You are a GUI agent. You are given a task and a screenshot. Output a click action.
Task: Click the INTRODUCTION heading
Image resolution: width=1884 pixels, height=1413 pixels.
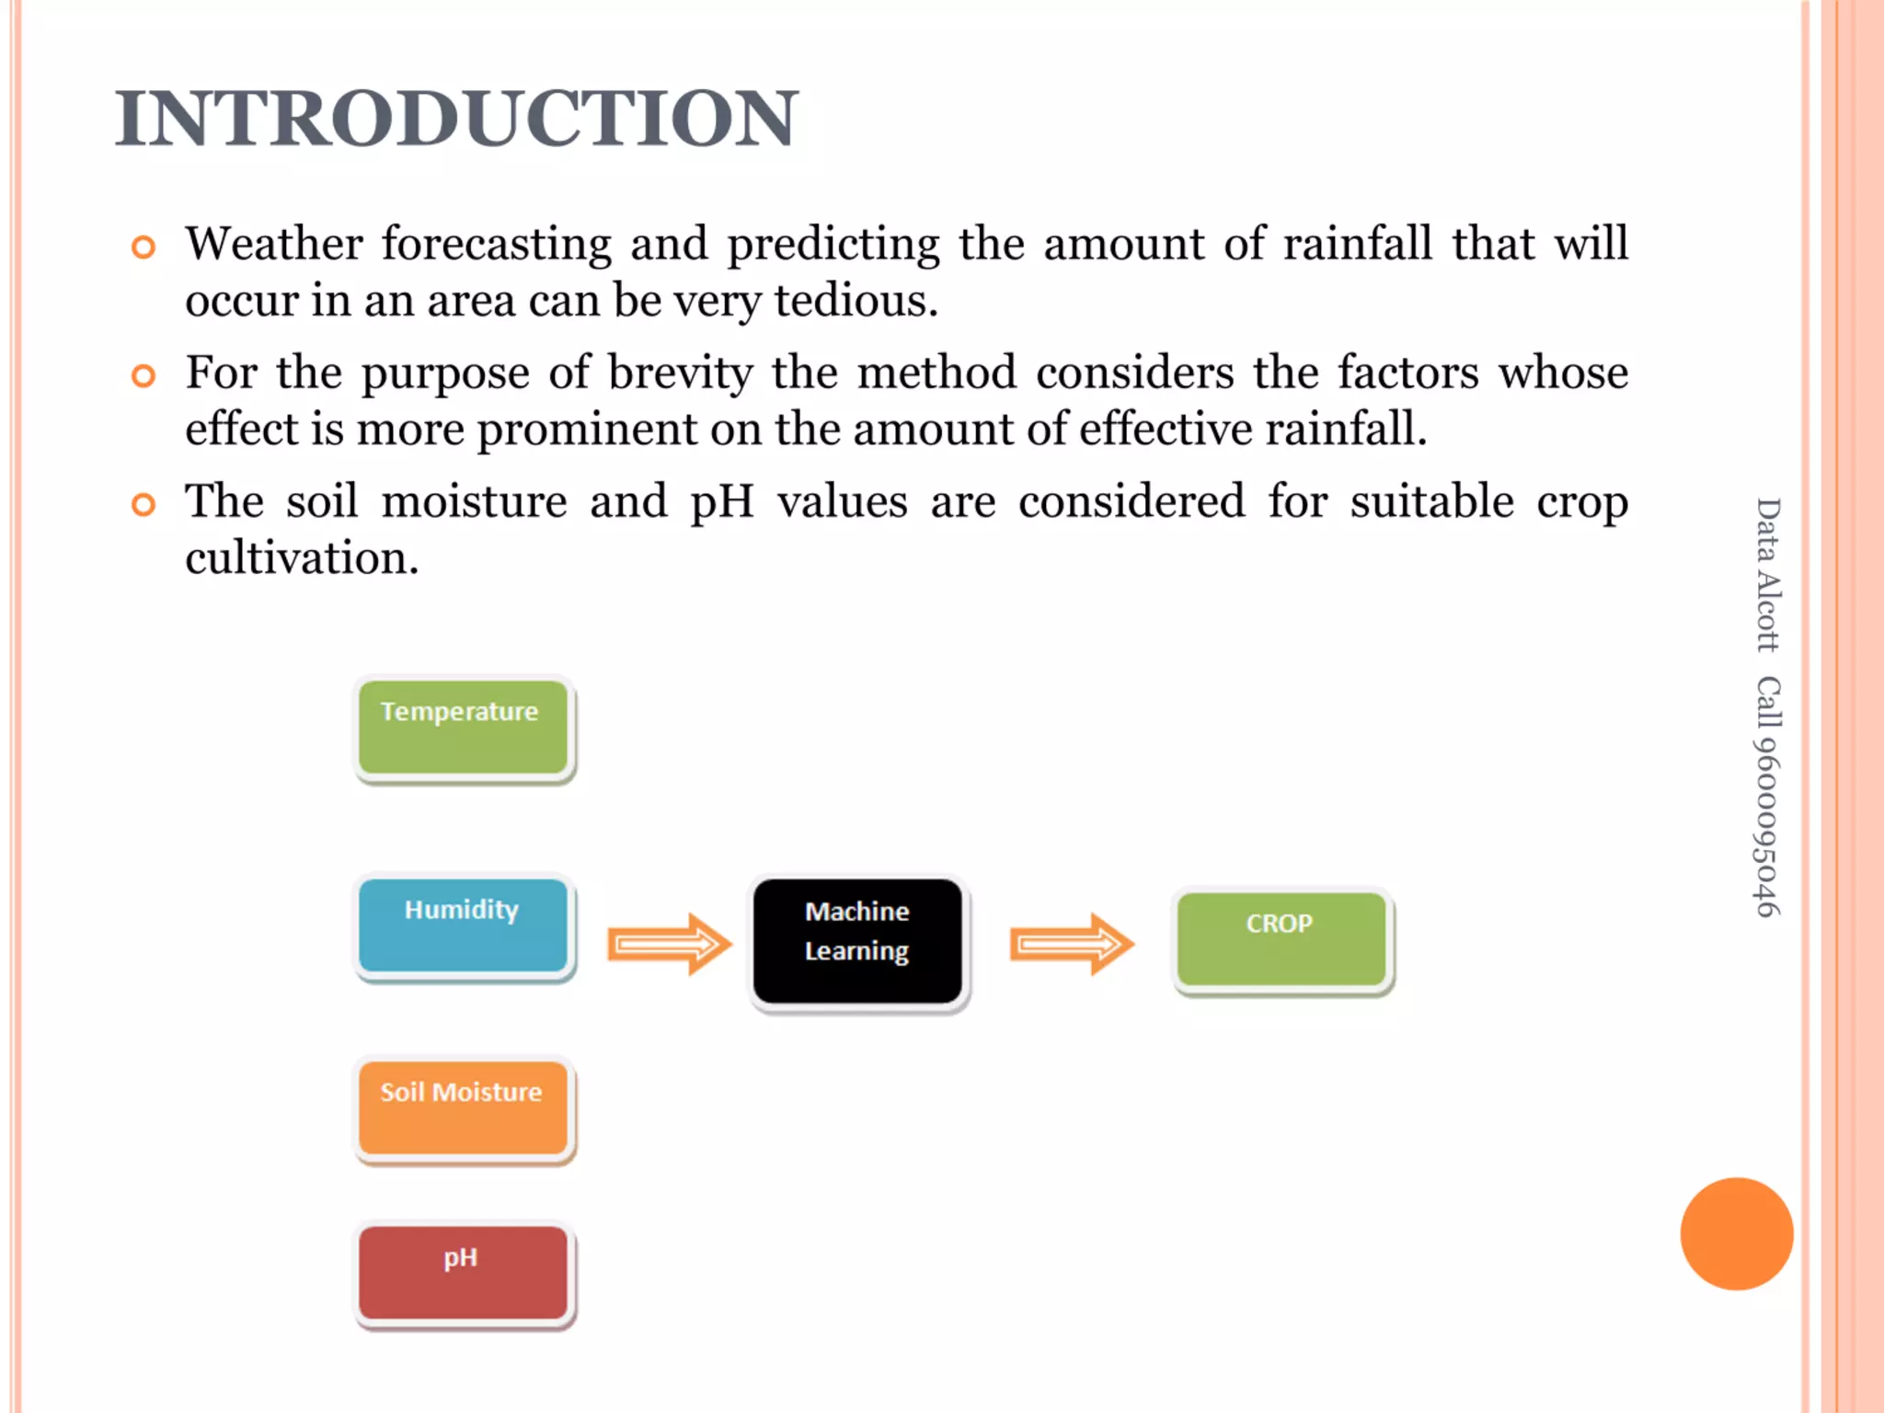pyautogui.click(x=456, y=119)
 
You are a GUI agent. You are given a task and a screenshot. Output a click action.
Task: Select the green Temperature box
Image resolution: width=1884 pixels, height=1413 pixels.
pyautogui.click(x=463, y=728)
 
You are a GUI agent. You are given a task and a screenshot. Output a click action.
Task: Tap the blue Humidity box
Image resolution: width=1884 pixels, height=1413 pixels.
pyautogui.click(x=463, y=925)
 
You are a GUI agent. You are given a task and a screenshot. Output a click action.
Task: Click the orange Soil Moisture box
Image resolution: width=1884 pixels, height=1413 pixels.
pyautogui.click(x=463, y=1109)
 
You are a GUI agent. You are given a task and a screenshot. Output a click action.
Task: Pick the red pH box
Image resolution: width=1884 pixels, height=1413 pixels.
pyautogui.click(x=463, y=1272)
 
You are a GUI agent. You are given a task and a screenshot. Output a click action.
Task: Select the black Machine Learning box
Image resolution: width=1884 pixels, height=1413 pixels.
pyautogui.click(x=857, y=941)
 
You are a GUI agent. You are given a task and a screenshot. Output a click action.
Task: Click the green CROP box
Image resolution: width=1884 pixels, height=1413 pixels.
pyautogui.click(x=1281, y=939)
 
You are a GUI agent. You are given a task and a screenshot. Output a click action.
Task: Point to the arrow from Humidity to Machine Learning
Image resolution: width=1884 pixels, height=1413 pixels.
pyautogui.click(x=669, y=943)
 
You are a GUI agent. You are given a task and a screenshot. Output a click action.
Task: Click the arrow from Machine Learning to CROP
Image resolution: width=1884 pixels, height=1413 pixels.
pyautogui.click(x=1072, y=943)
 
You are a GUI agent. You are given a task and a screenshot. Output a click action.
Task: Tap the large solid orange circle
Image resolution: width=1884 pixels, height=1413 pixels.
pyautogui.click(x=1736, y=1234)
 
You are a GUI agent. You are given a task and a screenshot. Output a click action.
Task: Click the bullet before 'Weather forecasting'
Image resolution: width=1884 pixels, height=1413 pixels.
pyautogui.click(x=143, y=247)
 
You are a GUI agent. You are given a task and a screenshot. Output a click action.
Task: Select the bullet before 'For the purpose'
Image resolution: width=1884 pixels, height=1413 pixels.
pyautogui.click(x=143, y=375)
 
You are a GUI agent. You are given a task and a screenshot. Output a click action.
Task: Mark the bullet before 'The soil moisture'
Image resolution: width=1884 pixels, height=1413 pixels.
pyautogui.click(x=143, y=504)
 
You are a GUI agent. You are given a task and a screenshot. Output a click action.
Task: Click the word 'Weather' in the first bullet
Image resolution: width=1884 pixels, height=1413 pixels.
pyautogui.click(x=274, y=245)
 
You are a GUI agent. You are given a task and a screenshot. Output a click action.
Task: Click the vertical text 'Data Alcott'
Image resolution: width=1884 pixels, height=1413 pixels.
pyautogui.click(x=1767, y=575)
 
